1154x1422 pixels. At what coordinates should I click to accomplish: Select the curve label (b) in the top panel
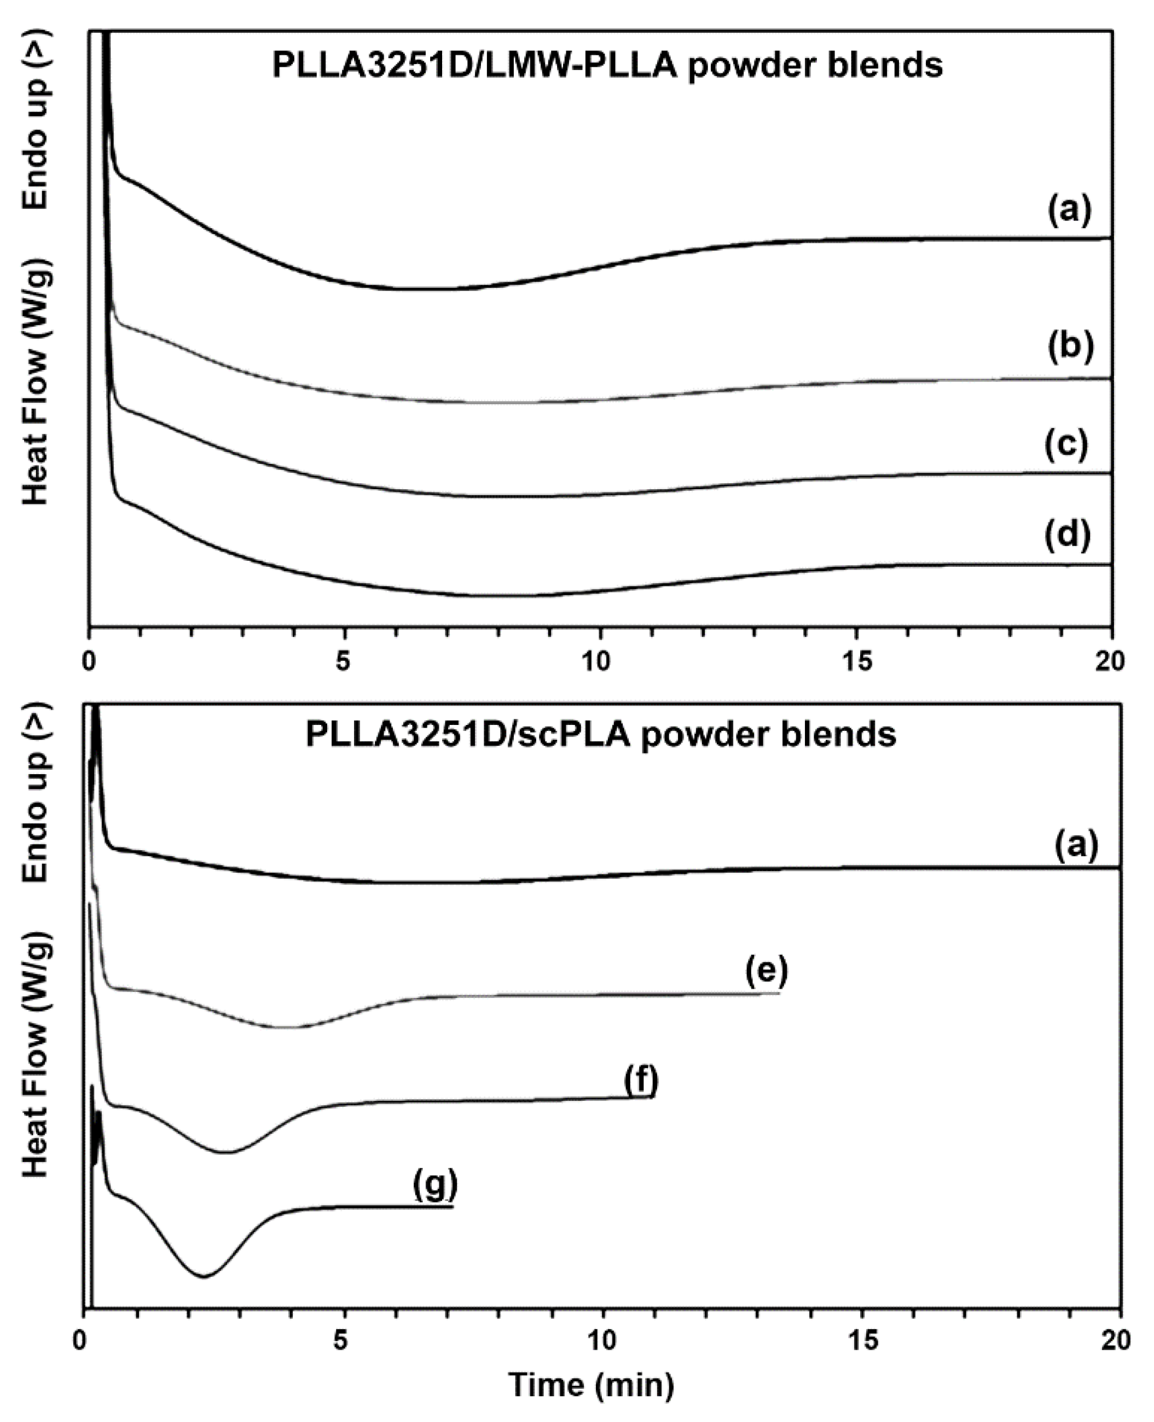1070,346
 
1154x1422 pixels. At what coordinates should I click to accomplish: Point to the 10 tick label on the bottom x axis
604,1339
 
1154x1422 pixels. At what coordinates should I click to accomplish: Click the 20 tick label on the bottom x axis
1114,1339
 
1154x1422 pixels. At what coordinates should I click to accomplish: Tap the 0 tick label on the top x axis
89,661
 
